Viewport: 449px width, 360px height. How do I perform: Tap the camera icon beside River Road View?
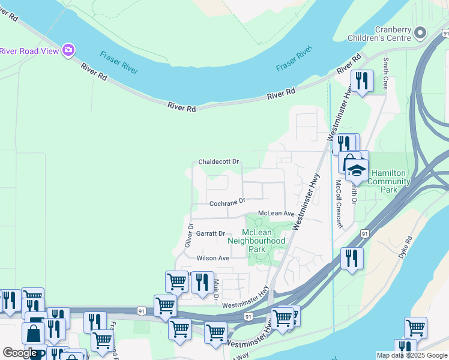[68, 50]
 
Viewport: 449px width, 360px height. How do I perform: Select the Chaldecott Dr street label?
[219, 162]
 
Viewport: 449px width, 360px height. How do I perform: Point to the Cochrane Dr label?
[228, 203]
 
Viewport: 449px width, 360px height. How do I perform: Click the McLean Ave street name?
[276, 214]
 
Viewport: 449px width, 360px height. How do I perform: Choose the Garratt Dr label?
[210, 233]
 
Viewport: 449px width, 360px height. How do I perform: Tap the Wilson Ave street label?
[213, 258]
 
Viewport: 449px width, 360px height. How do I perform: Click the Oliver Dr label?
[188, 236]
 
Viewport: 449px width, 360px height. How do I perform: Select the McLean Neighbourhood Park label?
[256, 240]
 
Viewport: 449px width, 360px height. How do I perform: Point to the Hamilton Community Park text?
[389, 181]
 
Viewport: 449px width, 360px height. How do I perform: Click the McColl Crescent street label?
[339, 204]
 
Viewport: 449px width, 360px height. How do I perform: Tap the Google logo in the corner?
[20, 353]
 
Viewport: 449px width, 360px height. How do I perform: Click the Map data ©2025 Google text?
[412, 355]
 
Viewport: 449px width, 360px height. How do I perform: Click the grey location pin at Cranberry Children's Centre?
[420, 32]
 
